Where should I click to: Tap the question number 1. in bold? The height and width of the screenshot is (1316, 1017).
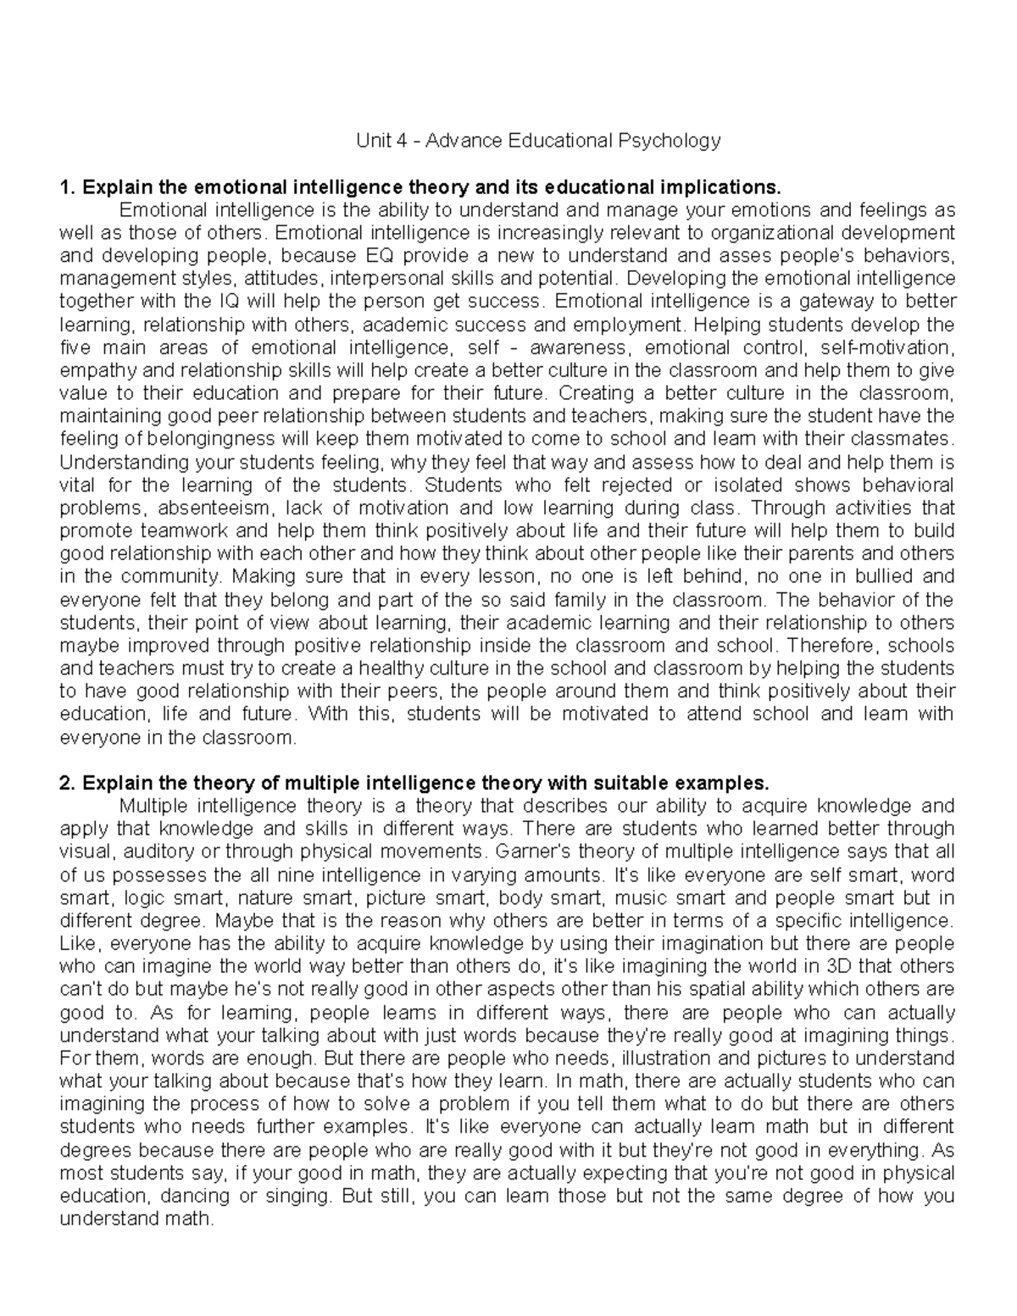pyautogui.click(x=67, y=186)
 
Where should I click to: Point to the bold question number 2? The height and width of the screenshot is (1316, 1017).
pyautogui.click(x=67, y=781)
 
